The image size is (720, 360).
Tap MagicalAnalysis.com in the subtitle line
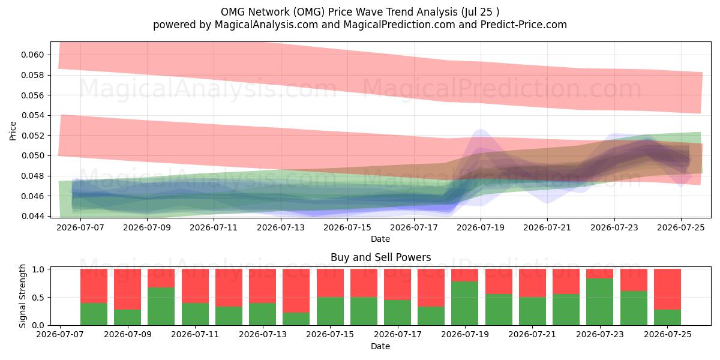(x=266, y=25)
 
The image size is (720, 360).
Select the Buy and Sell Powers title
(x=380, y=257)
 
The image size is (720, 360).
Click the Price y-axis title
(x=13, y=131)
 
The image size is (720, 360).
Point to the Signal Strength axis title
(x=22, y=296)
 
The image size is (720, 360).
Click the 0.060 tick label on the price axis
(x=32, y=55)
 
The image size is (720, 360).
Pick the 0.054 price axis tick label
(x=32, y=115)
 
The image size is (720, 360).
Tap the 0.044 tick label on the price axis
(x=32, y=217)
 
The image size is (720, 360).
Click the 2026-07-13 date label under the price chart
(x=281, y=227)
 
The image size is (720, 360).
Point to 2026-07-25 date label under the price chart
(x=681, y=227)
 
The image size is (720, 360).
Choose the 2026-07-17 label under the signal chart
(x=398, y=334)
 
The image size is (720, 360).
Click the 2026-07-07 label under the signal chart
(x=60, y=334)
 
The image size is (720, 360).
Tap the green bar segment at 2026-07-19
(x=465, y=304)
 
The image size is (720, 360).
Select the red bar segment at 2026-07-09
(x=128, y=289)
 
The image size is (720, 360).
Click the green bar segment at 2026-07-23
(x=600, y=302)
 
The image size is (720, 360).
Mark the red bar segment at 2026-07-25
(x=667, y=289)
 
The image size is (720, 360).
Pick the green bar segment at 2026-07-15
(x=330, y=311)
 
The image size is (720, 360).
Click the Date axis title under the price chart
(x=380, y=239)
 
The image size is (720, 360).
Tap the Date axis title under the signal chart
(x=380, y=346)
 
